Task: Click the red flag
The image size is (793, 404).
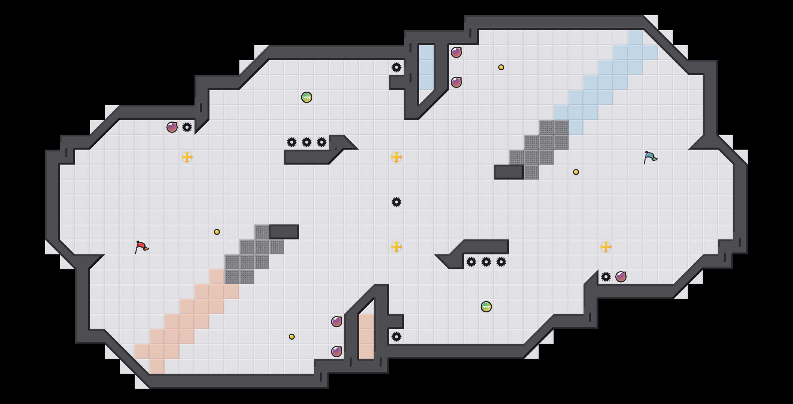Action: coord(141,247)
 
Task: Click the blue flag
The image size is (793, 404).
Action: coord(650,157)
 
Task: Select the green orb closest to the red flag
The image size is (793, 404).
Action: coord(307,97)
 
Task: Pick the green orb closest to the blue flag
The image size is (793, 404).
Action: coord(486,307)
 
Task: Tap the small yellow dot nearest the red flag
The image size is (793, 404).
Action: coord(217,232)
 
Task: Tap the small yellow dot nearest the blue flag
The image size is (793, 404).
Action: coord(576,172)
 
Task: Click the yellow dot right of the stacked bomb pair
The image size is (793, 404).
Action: coord(501,67)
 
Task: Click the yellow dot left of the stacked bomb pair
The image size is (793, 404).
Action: coord(292,337)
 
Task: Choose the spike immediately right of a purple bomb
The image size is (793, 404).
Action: coord(187,127)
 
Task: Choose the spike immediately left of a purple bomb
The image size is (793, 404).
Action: coord(606,277)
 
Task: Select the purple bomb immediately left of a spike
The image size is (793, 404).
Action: coord(172,127)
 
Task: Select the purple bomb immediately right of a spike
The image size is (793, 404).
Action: coord(621,277)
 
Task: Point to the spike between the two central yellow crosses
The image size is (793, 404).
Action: coord(396,202)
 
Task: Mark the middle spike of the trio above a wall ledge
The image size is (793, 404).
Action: coord(307,142)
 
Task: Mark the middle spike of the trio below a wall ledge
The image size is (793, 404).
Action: coord(486,262)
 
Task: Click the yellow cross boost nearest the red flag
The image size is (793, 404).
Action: coord(187,157)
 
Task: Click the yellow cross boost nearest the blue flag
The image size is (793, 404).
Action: coord(606,247)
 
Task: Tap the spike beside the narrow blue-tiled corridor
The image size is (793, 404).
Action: coord(396,67)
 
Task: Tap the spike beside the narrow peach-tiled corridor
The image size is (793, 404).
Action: coord(396,337)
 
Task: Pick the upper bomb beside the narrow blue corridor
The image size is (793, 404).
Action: coord(456,52)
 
